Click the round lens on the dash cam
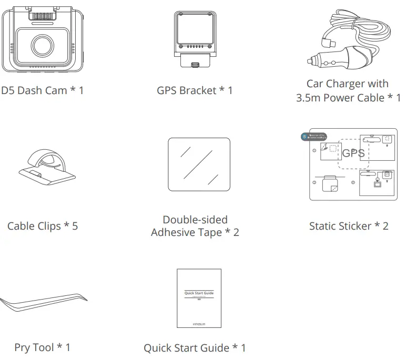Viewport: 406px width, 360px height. click(41, 45)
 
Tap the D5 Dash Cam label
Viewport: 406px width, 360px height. click(42, 90)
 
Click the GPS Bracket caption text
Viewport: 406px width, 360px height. click(195, 90)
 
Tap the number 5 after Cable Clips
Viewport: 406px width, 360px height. click(75, 227)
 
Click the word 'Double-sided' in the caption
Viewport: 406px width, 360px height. click(195, 220)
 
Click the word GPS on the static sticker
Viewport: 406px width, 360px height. click(353, 153)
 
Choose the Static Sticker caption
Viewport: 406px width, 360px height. click(349, 227)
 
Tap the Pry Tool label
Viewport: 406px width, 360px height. click(42, 347)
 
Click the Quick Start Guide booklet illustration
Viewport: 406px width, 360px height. click(199, 298)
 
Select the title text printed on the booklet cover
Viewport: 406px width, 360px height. click(199, 293)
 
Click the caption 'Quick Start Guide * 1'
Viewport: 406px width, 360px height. click(195, 347)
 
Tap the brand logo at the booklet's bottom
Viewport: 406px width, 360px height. click(199, 323)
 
